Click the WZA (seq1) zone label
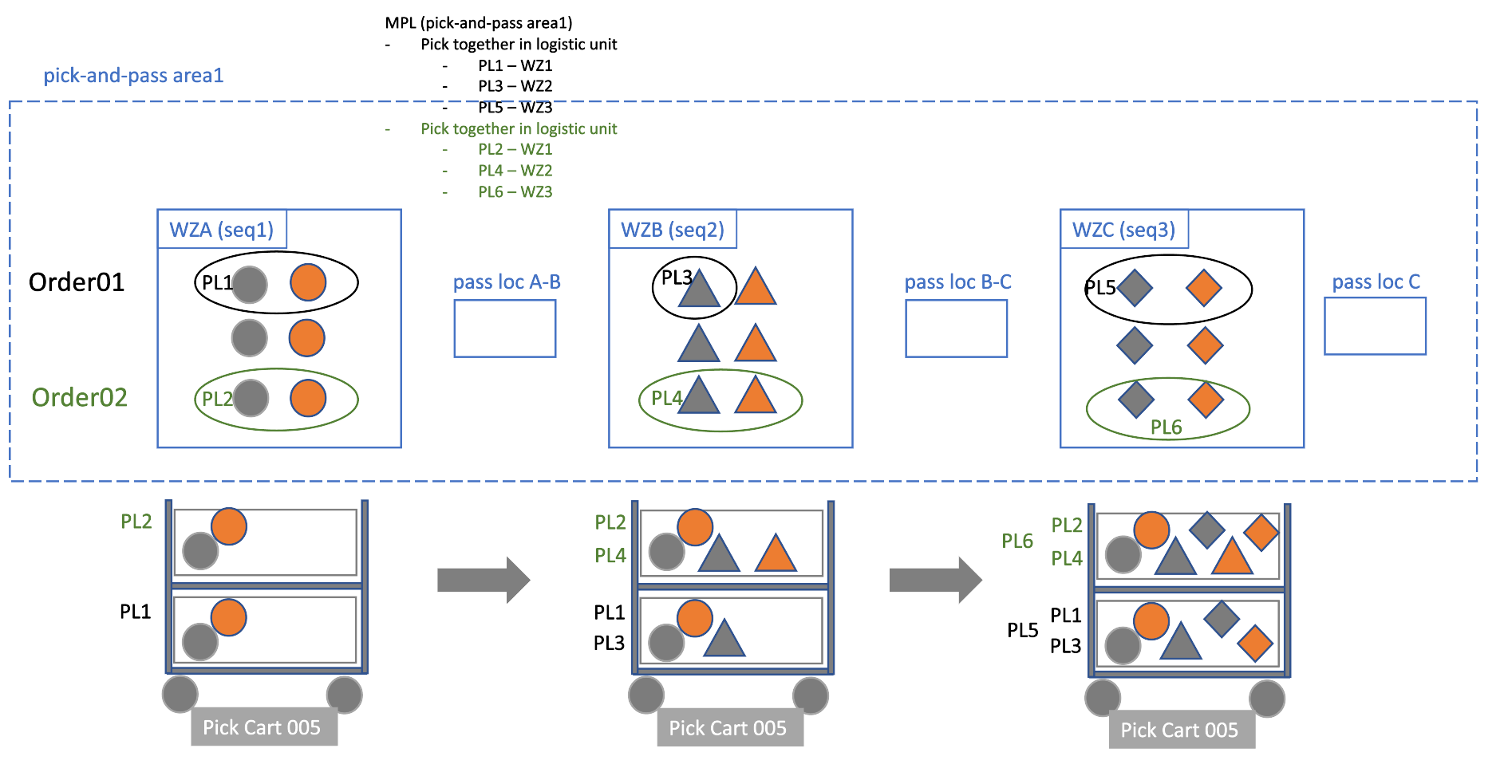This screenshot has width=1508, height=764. pos(221,230)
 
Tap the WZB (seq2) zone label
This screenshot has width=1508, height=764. pos(672,230)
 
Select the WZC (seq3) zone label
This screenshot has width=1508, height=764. pos(1123,230)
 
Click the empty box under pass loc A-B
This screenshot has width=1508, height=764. pos(504,329)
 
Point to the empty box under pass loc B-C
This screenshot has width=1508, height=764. pos(956,329)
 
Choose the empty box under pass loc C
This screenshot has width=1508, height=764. pos(1375,326)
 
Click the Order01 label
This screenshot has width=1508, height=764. pos(77,282)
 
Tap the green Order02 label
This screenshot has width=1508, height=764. pos(79,397)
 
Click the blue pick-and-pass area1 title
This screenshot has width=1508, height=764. pos(133,76)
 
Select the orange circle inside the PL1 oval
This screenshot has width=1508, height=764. pos(308,282)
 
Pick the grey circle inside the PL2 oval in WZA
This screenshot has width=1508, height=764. pos(251,398)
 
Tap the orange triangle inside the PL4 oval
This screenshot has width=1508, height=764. pos(755,396)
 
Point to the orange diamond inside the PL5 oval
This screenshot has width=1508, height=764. pos(1203,288)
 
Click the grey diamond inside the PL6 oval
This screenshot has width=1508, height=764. pos(1135,400)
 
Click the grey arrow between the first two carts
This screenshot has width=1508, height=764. pos(483,580)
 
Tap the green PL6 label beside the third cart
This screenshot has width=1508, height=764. pos(1017,541)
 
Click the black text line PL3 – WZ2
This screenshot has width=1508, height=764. pos(515,86)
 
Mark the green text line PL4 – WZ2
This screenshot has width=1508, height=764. pos(515,171)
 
